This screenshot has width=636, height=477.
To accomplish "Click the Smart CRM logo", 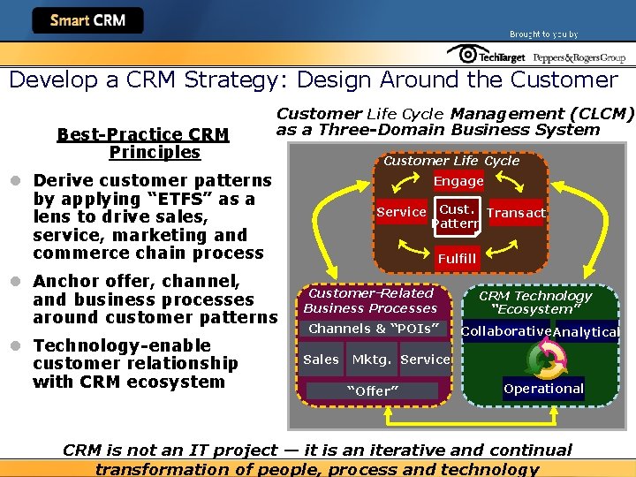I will pos(87,20).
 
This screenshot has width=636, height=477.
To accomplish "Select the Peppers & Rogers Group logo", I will pos(579,57).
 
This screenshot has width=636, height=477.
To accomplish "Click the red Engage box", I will pos(458,181).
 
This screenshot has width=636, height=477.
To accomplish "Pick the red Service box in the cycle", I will pos(401,212).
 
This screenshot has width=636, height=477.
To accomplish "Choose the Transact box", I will pos(516,213).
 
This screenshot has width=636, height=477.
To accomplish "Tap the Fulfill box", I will pos(457,259).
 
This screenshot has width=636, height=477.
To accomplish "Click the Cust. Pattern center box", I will pos(457,216).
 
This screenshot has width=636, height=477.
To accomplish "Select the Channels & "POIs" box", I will pos(373,329).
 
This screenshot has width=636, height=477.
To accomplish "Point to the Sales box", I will pos(321,360).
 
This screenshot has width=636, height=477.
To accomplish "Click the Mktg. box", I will pos(372,360).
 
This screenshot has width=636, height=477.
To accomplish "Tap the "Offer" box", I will pos(372,390).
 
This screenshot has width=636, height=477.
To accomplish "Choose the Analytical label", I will pos(586,332).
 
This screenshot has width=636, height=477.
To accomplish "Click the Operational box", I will pos(543,389).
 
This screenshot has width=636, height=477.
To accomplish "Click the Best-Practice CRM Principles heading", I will pos(142,143).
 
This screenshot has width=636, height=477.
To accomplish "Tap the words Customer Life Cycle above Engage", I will pos(450,161).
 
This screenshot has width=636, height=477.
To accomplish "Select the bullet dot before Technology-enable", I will pos(18,345).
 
